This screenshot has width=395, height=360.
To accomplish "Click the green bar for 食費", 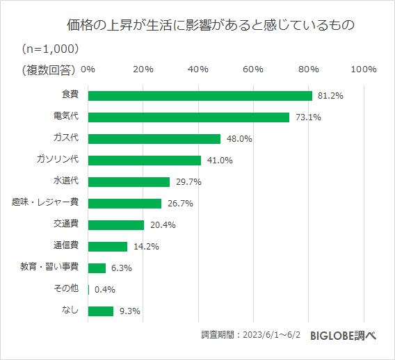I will [200, 96].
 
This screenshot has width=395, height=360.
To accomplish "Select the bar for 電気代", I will [188, 117].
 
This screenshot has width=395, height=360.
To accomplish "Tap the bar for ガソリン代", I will [145, 161].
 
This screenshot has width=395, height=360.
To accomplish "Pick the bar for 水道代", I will [129, 182].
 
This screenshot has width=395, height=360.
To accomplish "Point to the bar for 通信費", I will [108, 246].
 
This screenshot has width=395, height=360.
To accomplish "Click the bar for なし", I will [101, 311].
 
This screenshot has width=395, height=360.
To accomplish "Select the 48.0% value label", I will [239, 139].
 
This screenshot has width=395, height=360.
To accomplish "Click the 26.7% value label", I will [180, 204].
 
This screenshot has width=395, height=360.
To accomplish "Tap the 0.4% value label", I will [105, 290].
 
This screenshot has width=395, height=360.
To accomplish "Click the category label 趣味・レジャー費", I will [45, 202].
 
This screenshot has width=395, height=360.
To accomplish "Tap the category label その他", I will [65, 288].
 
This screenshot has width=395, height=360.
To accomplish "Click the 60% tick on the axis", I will [253, 69].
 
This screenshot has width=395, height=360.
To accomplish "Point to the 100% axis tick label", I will [364, 69].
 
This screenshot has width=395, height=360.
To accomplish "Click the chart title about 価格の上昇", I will [211, 26].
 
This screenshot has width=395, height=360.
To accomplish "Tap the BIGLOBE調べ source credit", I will [343, 334].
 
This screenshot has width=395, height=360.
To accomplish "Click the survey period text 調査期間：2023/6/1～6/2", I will [251, 334].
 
